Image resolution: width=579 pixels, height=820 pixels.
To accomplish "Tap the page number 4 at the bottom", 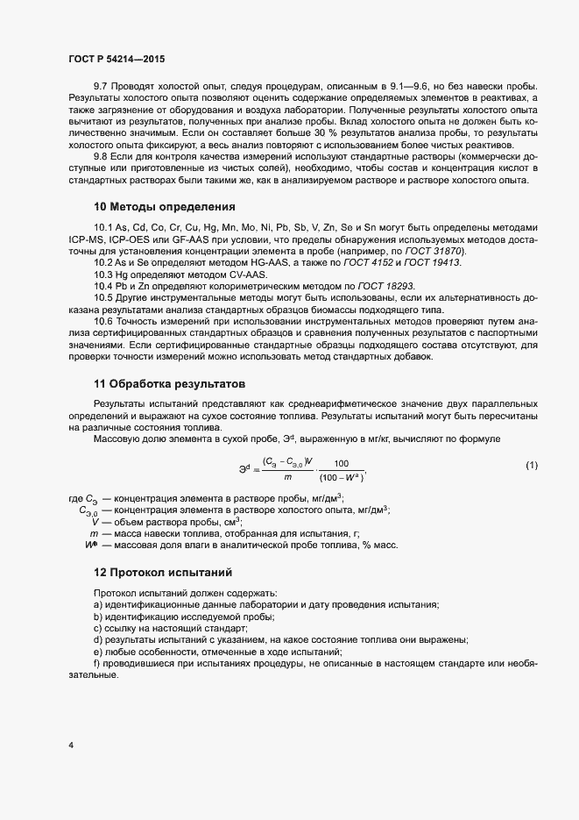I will [70, 745].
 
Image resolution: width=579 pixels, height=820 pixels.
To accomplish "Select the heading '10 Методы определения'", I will [164, 208].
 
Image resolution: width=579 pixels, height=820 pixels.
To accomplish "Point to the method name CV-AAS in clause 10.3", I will [230, 275].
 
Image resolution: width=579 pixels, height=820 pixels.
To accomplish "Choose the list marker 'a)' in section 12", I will [98, 605].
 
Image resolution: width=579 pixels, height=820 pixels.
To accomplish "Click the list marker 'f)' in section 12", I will [97, 664].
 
